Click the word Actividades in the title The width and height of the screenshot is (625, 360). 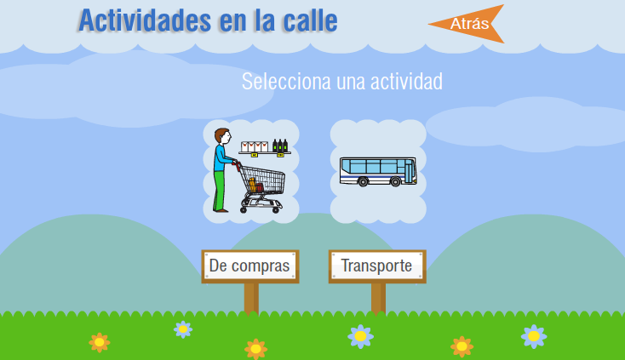145,20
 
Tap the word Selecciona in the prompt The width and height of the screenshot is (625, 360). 286,81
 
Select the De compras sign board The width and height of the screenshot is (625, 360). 250,266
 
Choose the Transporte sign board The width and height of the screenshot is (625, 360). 377,266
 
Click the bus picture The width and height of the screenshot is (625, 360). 378,172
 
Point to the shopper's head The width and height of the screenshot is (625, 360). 222,136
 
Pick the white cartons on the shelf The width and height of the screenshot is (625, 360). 255,146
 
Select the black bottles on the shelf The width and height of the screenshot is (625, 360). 280,146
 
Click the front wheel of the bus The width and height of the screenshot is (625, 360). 395,182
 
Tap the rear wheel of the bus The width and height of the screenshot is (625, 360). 363,182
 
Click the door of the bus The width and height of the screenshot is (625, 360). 410,171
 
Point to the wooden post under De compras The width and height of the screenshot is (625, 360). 251,299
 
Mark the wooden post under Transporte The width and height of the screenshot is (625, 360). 378,299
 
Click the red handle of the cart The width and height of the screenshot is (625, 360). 237,165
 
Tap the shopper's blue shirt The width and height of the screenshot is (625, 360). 221,158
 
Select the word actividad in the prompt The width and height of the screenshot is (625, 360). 406,81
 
